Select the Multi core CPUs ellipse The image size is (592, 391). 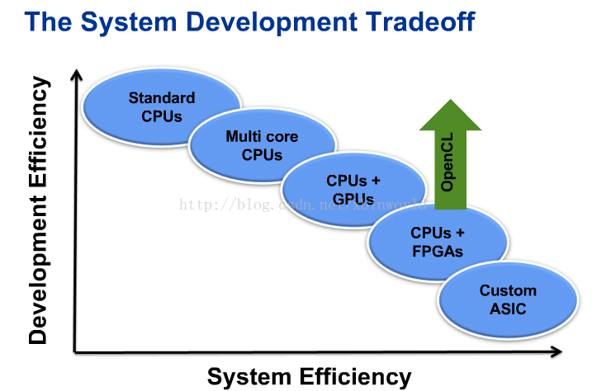[262, 144]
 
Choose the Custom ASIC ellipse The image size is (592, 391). [507, 299]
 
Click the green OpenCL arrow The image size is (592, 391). [450, 161]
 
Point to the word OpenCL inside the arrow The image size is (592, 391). [448, 170]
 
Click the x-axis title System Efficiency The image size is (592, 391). [309, 377]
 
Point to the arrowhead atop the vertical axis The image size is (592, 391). [76, 75]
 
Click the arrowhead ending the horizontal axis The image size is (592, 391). [559, 352]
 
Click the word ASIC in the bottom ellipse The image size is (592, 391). [507, 309]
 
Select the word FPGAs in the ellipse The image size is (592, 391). [438, 252]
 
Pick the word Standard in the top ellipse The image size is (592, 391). [162, 98]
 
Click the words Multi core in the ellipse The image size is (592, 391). [262, 137]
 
